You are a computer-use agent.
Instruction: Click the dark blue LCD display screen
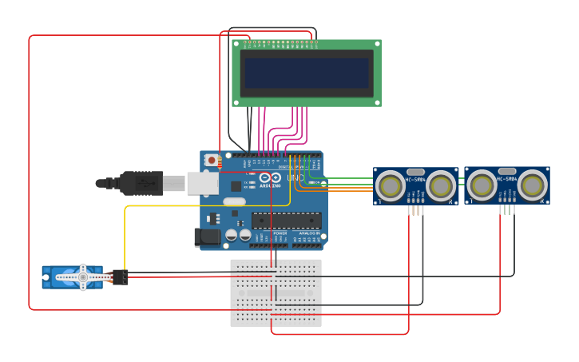pos(307,73)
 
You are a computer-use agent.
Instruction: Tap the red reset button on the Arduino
pos(212,160)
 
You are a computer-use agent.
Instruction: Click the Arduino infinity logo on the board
pos(270,177)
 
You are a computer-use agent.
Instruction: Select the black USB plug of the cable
pos(141,183)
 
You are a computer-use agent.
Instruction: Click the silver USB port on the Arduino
pos(203,183)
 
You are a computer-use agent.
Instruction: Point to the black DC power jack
pos(208,237)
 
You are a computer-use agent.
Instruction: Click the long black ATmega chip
pos(287,221)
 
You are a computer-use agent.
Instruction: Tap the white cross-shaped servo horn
pos(83,277)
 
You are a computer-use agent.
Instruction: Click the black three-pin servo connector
pos(120,277)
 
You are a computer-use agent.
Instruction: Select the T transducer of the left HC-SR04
pos(391,186)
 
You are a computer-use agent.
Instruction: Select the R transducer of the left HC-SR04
pos(441,186)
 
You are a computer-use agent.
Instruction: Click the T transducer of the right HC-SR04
pos(482,186)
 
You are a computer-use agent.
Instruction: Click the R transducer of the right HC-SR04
pos(532,186)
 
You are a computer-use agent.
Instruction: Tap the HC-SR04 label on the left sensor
pos(416,179)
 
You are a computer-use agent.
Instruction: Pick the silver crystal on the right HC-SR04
pos(507,171)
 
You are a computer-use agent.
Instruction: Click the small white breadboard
pos(276,292)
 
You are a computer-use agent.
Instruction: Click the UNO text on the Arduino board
pos(295,177)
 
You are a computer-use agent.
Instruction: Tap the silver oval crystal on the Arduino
pos(234,202)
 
